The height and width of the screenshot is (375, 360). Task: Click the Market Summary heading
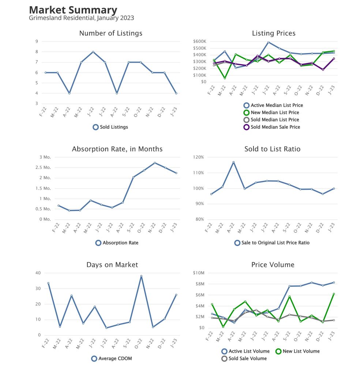click(73, 10)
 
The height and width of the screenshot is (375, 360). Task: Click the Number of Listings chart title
click(110, 33)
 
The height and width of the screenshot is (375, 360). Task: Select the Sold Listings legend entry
click(110, 127)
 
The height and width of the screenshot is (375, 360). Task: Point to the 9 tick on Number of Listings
click(37, 41)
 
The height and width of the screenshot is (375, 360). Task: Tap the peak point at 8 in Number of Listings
click(93, 52)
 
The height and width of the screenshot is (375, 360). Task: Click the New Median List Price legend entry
click(271, 112)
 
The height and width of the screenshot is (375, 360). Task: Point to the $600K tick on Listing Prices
click(200, 41)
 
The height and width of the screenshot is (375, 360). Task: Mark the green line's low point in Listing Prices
click(225, 78)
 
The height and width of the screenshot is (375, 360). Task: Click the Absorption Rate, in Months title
click(117, 149)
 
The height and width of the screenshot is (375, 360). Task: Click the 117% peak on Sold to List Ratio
click(233, 162)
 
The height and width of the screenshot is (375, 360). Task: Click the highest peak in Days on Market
click(141, 276)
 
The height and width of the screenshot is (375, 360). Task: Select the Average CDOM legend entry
click(112, 359)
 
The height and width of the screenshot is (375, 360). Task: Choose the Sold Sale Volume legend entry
click(244, 359)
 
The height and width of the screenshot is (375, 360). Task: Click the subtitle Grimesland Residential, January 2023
click(81, 18)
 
